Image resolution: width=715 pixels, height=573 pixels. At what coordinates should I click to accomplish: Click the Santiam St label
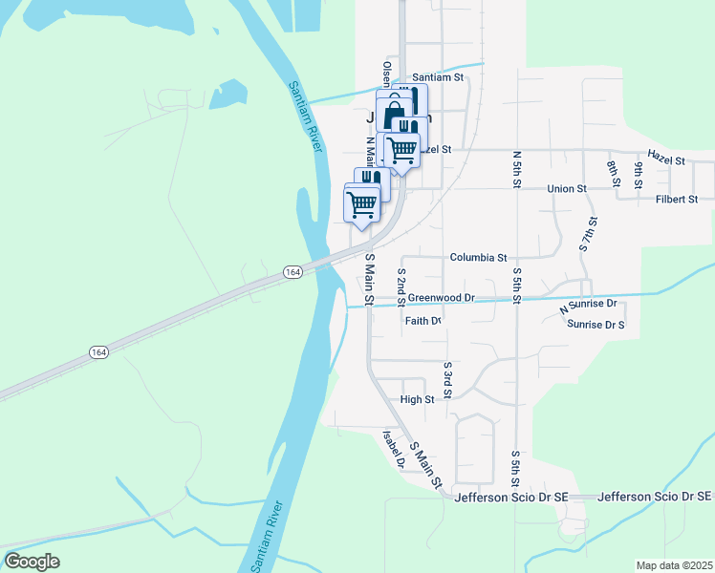coord(438,77)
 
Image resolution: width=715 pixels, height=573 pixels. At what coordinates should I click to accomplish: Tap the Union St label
coord(567,189)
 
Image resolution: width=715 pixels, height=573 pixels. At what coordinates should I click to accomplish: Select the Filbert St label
coord(677,200)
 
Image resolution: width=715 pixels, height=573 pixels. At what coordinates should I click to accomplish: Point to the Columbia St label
coord(478,258)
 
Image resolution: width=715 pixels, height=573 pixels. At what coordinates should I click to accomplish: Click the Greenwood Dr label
coord(441,298)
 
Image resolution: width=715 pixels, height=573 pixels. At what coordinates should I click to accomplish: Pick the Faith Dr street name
coord(422,321)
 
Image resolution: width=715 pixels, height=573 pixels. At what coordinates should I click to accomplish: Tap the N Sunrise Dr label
coord(588,306)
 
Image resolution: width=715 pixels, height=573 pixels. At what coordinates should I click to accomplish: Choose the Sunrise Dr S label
coord(596,325)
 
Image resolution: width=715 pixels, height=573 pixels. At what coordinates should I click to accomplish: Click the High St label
coord(418,399)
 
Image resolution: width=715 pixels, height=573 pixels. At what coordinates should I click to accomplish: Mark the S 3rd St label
coord(447,380)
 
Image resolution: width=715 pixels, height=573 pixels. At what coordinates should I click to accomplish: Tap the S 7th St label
coord(588,234)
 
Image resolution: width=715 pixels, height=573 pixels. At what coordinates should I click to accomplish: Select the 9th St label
coord(638,175)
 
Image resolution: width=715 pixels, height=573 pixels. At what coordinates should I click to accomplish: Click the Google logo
coord(32,562)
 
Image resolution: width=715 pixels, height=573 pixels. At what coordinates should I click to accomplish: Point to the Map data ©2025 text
coord(674,565)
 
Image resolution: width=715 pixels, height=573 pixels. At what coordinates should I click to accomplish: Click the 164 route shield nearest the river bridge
coord(293,273)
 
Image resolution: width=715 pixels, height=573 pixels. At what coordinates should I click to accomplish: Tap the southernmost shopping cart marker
coord(361,203)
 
